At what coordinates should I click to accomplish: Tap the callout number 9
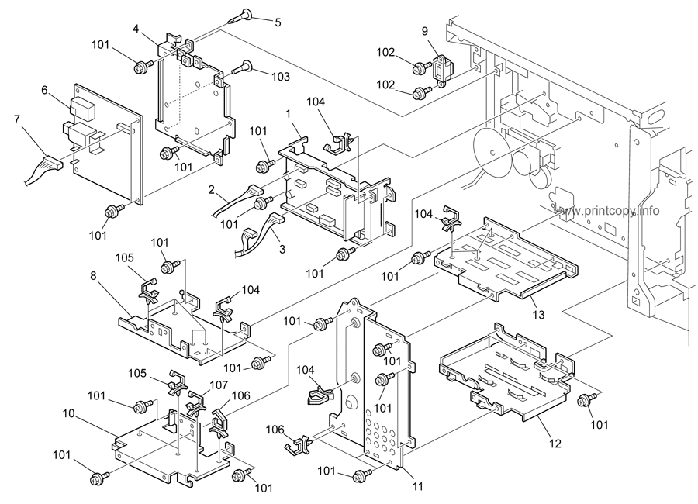(425, 32)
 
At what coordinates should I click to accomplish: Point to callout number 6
(45, 89)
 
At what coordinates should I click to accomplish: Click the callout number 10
(69, 413)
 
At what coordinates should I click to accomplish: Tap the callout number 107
(218, 384)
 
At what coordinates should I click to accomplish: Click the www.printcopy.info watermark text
(608, 210)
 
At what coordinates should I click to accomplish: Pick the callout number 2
(211, 188)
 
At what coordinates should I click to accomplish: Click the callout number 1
(288, 113)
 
